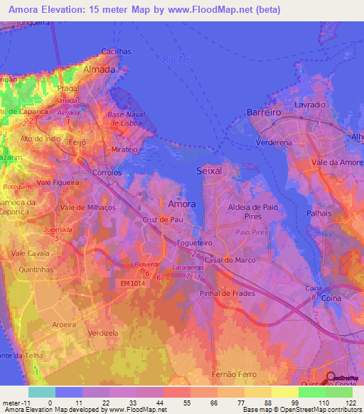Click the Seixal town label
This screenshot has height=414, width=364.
point(208,171)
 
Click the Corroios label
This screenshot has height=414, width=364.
point(107,173)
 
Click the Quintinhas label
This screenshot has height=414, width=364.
point(37,270)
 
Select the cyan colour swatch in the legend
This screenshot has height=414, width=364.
point(41,392)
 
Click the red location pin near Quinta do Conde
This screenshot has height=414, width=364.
point(330,377)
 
